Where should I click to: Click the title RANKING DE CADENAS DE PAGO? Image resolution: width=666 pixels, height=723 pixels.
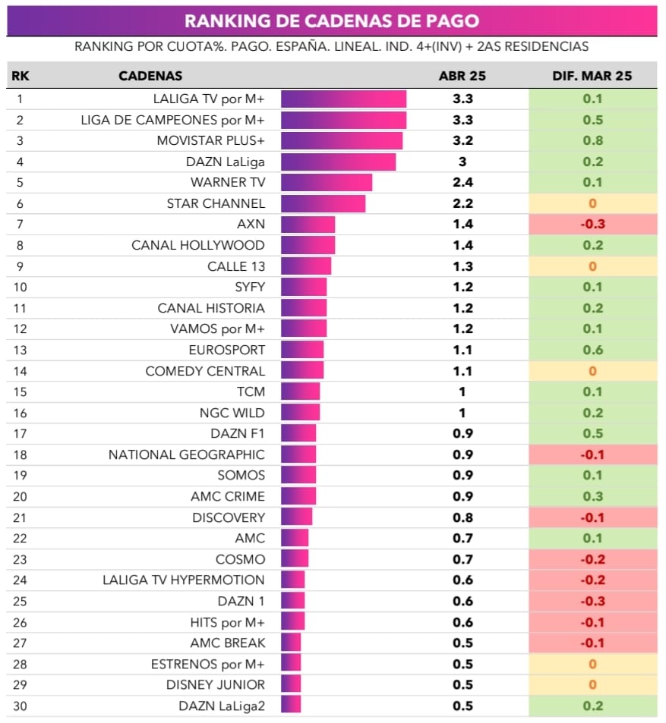point(332,20)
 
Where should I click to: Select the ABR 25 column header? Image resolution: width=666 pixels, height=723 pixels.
point(462,76)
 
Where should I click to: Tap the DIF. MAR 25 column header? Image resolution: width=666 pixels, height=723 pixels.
point(592,76)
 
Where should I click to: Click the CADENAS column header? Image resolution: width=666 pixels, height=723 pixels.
point(150,76)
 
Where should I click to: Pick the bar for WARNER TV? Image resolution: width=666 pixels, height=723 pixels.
point(327,183)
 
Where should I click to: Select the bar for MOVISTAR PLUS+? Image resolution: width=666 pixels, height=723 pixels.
point(342,141)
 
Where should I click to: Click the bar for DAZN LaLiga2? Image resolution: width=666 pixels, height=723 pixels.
point(291,706)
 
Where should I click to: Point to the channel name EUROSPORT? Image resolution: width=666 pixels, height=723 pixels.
point(227,350)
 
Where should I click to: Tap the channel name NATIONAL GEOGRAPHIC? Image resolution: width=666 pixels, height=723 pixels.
point(187,454)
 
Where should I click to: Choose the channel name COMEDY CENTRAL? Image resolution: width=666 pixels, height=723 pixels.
point(205,371)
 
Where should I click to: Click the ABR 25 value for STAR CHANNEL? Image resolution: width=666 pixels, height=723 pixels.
point(462,203)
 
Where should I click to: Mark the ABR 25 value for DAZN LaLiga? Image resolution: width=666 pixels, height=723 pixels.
point(462,162)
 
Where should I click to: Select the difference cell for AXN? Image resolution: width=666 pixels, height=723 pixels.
point(592,225)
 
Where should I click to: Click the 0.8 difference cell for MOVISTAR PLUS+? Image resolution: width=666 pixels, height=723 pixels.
point(592,141)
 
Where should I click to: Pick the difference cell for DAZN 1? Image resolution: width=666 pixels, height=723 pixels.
point(592,601)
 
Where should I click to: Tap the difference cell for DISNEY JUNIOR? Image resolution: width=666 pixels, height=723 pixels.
point(592,685)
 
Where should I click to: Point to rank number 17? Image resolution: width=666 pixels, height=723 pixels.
point(20,434)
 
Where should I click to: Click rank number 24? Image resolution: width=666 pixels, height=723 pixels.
point(20,580)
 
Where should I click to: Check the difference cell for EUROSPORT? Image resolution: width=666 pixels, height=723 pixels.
point(592,350)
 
